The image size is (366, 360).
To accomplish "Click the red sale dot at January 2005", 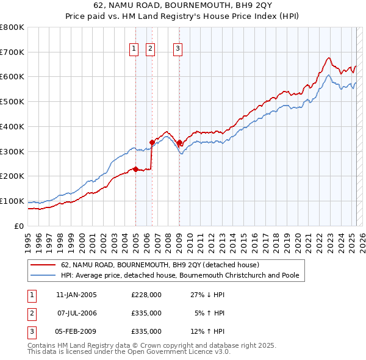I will point(135,169).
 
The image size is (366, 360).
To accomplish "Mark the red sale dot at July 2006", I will point(152,142).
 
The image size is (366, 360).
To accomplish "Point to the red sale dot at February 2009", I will point(179,142).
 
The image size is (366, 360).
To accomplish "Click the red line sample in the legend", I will point(43,265).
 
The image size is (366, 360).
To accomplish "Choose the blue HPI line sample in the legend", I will point(43,275).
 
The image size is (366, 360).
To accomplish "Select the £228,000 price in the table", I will point(146,294).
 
